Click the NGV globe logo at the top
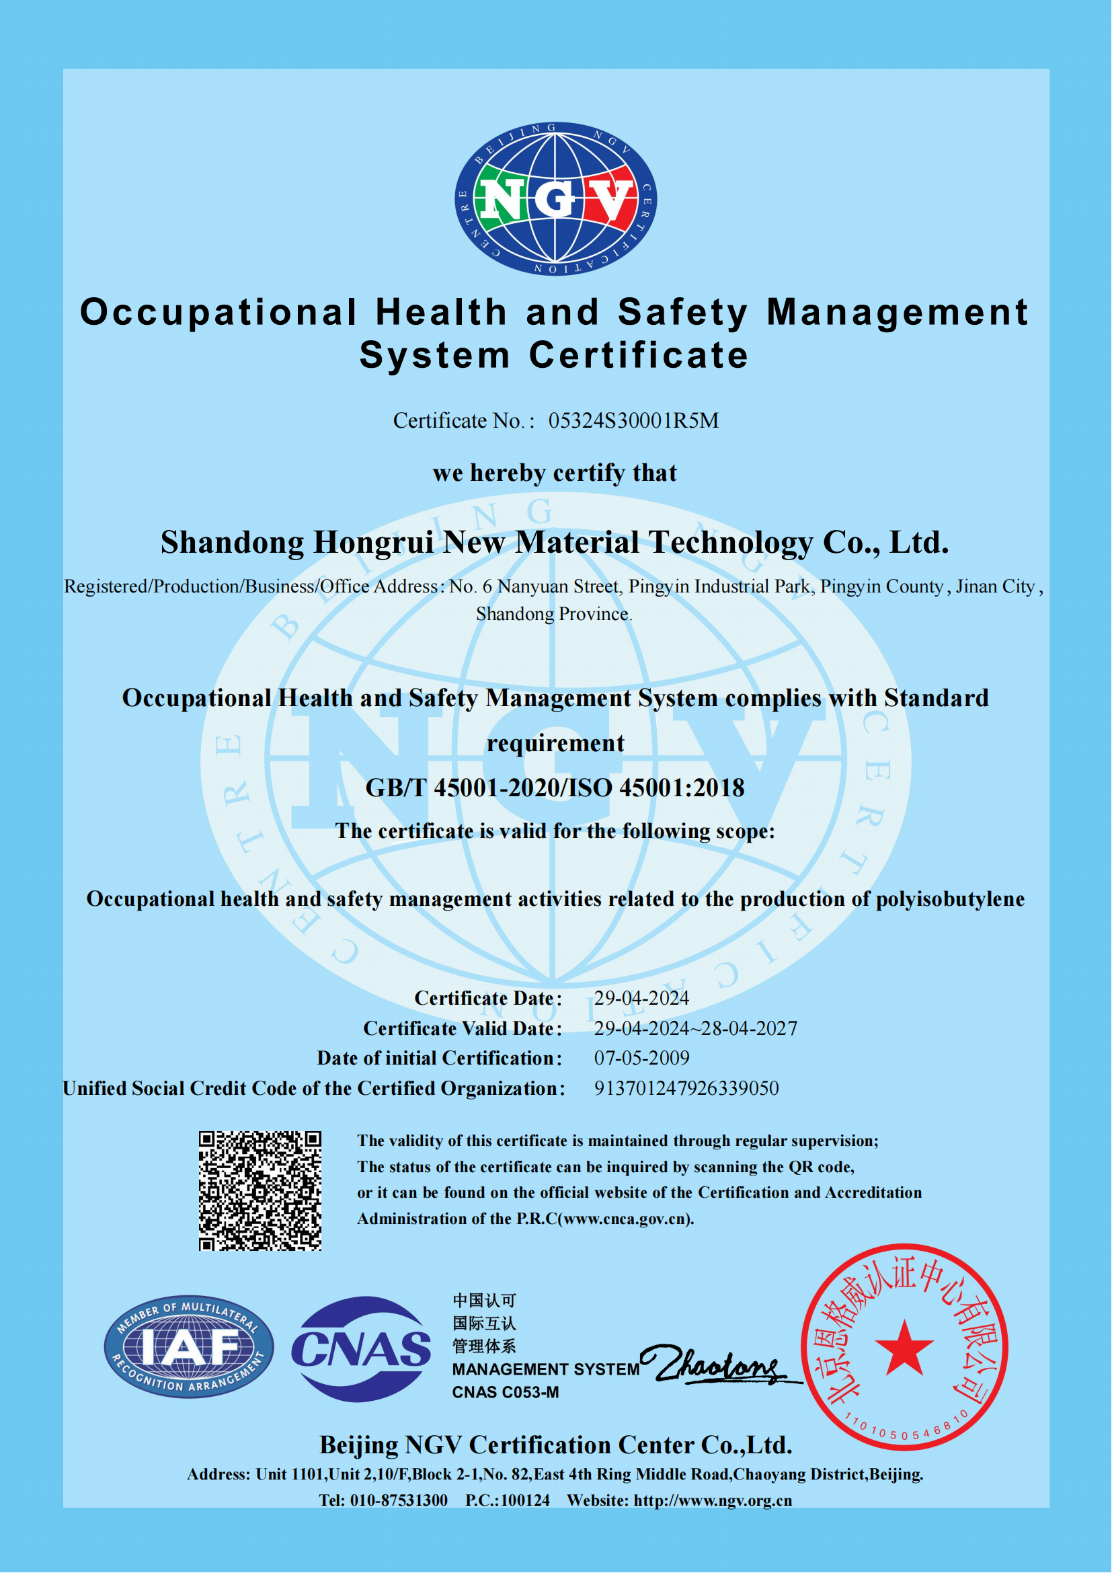[x=555, y=198]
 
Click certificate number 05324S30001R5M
[x=633, y=420]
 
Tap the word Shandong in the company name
[x=232, y=542]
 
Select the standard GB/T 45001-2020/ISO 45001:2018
[x=555, y=788]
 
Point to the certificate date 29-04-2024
[x=641, y=998]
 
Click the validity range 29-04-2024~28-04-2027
[x=696, y=1028]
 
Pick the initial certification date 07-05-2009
[x=641, y=1058]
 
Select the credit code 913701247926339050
[x=686, y=1088]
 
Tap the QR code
[x=260, y=1191]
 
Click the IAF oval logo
[x=189, y=1347]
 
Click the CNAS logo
[x=361, y=1349]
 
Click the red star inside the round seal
[x=904, y=1348]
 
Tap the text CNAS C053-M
[x=506, y=1392]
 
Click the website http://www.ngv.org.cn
[x=712, y=1500]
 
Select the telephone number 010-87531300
[x=399, y=1500]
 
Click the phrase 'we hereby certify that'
[x=555, y=473]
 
